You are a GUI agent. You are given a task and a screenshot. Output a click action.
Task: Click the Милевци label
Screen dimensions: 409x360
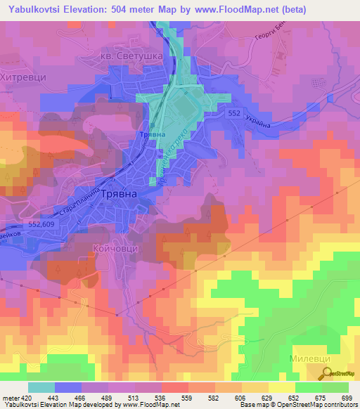(310, 358)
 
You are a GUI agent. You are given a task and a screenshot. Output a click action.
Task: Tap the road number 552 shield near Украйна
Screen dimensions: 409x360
(236, 112)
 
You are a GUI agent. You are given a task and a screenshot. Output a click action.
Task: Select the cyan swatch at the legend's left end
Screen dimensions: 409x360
(41, 387)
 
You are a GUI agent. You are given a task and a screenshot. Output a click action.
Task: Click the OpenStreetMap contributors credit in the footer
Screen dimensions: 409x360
(309, 405)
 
